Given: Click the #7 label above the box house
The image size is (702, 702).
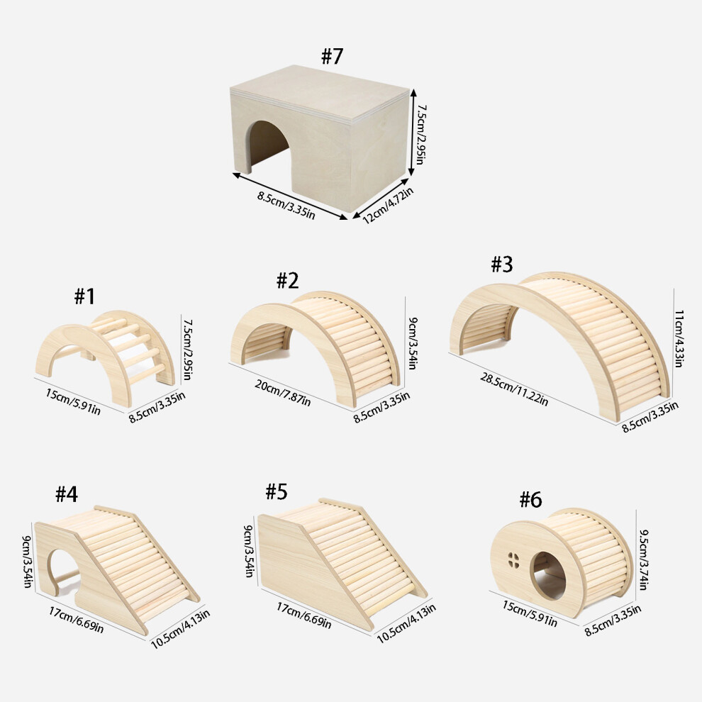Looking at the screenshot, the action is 332,57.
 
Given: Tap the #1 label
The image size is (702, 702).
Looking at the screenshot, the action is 84,296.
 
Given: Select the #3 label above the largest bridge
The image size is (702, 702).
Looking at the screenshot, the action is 502,264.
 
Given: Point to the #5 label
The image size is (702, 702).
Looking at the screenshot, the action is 277,491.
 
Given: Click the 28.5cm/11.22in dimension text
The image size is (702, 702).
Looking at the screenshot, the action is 514,389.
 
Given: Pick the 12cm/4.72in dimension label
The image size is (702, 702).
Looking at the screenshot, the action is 388,206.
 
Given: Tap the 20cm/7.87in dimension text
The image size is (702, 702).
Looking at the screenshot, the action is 282,393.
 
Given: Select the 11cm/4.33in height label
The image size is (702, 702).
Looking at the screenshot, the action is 679,338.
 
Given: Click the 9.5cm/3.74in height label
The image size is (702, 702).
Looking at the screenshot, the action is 643,559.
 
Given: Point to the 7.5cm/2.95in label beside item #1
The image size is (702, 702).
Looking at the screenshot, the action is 187,350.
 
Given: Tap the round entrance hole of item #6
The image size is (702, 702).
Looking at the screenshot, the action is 547,575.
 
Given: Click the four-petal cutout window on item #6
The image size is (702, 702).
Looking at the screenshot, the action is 513,560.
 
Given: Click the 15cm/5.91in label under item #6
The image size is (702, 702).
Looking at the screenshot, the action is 530,614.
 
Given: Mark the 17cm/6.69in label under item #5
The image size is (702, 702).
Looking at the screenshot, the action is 303,615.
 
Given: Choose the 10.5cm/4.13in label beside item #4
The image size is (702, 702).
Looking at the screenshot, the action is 180,629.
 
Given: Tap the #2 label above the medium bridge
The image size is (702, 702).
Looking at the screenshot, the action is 287,281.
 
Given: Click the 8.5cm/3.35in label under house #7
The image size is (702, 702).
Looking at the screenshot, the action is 286,206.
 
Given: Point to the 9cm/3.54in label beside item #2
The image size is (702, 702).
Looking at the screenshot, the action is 412,343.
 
